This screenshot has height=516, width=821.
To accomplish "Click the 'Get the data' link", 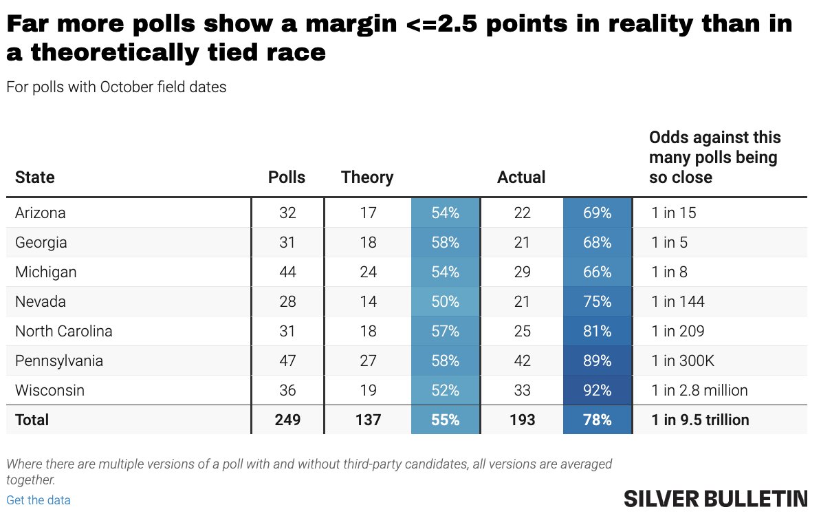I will pos(39,500).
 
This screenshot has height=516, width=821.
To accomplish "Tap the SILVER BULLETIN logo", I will pos(715,499).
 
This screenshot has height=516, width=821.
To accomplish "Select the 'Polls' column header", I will pos(287,178).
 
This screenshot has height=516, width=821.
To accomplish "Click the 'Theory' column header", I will pos(367,178).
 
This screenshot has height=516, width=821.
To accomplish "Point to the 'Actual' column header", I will pos(521,178).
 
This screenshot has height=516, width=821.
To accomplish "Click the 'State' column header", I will pos(35,178).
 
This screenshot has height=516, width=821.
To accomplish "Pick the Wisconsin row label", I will pos(50,390).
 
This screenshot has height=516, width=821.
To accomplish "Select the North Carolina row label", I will pos(64,331).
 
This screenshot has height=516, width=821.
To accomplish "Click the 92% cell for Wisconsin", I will pos(597,390).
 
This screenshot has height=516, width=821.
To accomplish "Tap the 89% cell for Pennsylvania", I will pos(597,361).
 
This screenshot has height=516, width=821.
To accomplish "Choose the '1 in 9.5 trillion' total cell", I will pos(700,420).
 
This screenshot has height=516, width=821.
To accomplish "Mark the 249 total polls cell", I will pos(287,420).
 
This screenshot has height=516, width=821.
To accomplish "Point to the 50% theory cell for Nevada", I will pos(445,301).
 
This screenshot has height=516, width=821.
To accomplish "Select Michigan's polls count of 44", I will pos(287,272).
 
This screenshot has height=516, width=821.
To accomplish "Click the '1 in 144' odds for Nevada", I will pos(678,301).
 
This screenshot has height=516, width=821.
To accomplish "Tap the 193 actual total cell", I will pos(523,420).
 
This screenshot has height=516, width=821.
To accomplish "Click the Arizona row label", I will pos(41,213).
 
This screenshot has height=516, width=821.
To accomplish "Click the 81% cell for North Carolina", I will pos(597,331).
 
